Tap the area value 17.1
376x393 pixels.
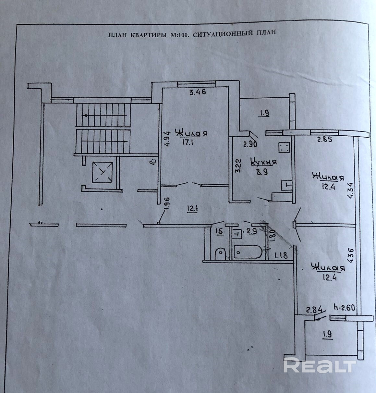pos(191,142)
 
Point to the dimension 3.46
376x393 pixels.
pos(198,92)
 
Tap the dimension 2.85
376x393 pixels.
pos(325,140)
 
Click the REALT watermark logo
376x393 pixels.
pos(320,366)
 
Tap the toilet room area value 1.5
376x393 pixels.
pos(219,232)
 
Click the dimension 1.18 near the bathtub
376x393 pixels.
pos(281,256)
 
